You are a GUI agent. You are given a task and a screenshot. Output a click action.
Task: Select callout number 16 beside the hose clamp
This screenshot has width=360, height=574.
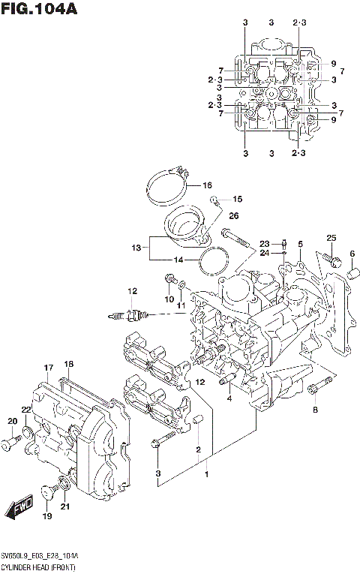pyautogui.click(x=207, y=185)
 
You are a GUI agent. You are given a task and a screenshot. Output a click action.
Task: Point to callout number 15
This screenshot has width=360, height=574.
pyautogui.click(x=238, y=200)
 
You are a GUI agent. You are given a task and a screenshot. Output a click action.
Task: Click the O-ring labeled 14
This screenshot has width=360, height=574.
pyautogui.click(x=215, y=260)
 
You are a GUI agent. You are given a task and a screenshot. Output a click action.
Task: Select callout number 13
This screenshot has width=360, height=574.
pyautogui.click(x=136, y=247)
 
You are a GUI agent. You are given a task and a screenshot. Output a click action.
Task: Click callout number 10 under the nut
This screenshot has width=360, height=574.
pyautogui.click(x=169, y=301)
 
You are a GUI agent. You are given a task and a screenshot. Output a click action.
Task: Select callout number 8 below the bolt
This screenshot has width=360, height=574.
pyautogui.click(x=316, y=410)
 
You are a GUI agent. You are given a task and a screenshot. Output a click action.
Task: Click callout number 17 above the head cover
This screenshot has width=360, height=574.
pyautogui.click(x=48, y=368)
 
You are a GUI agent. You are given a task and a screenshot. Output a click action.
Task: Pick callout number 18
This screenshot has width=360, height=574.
pyautogui.click(x=69, y=365)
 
